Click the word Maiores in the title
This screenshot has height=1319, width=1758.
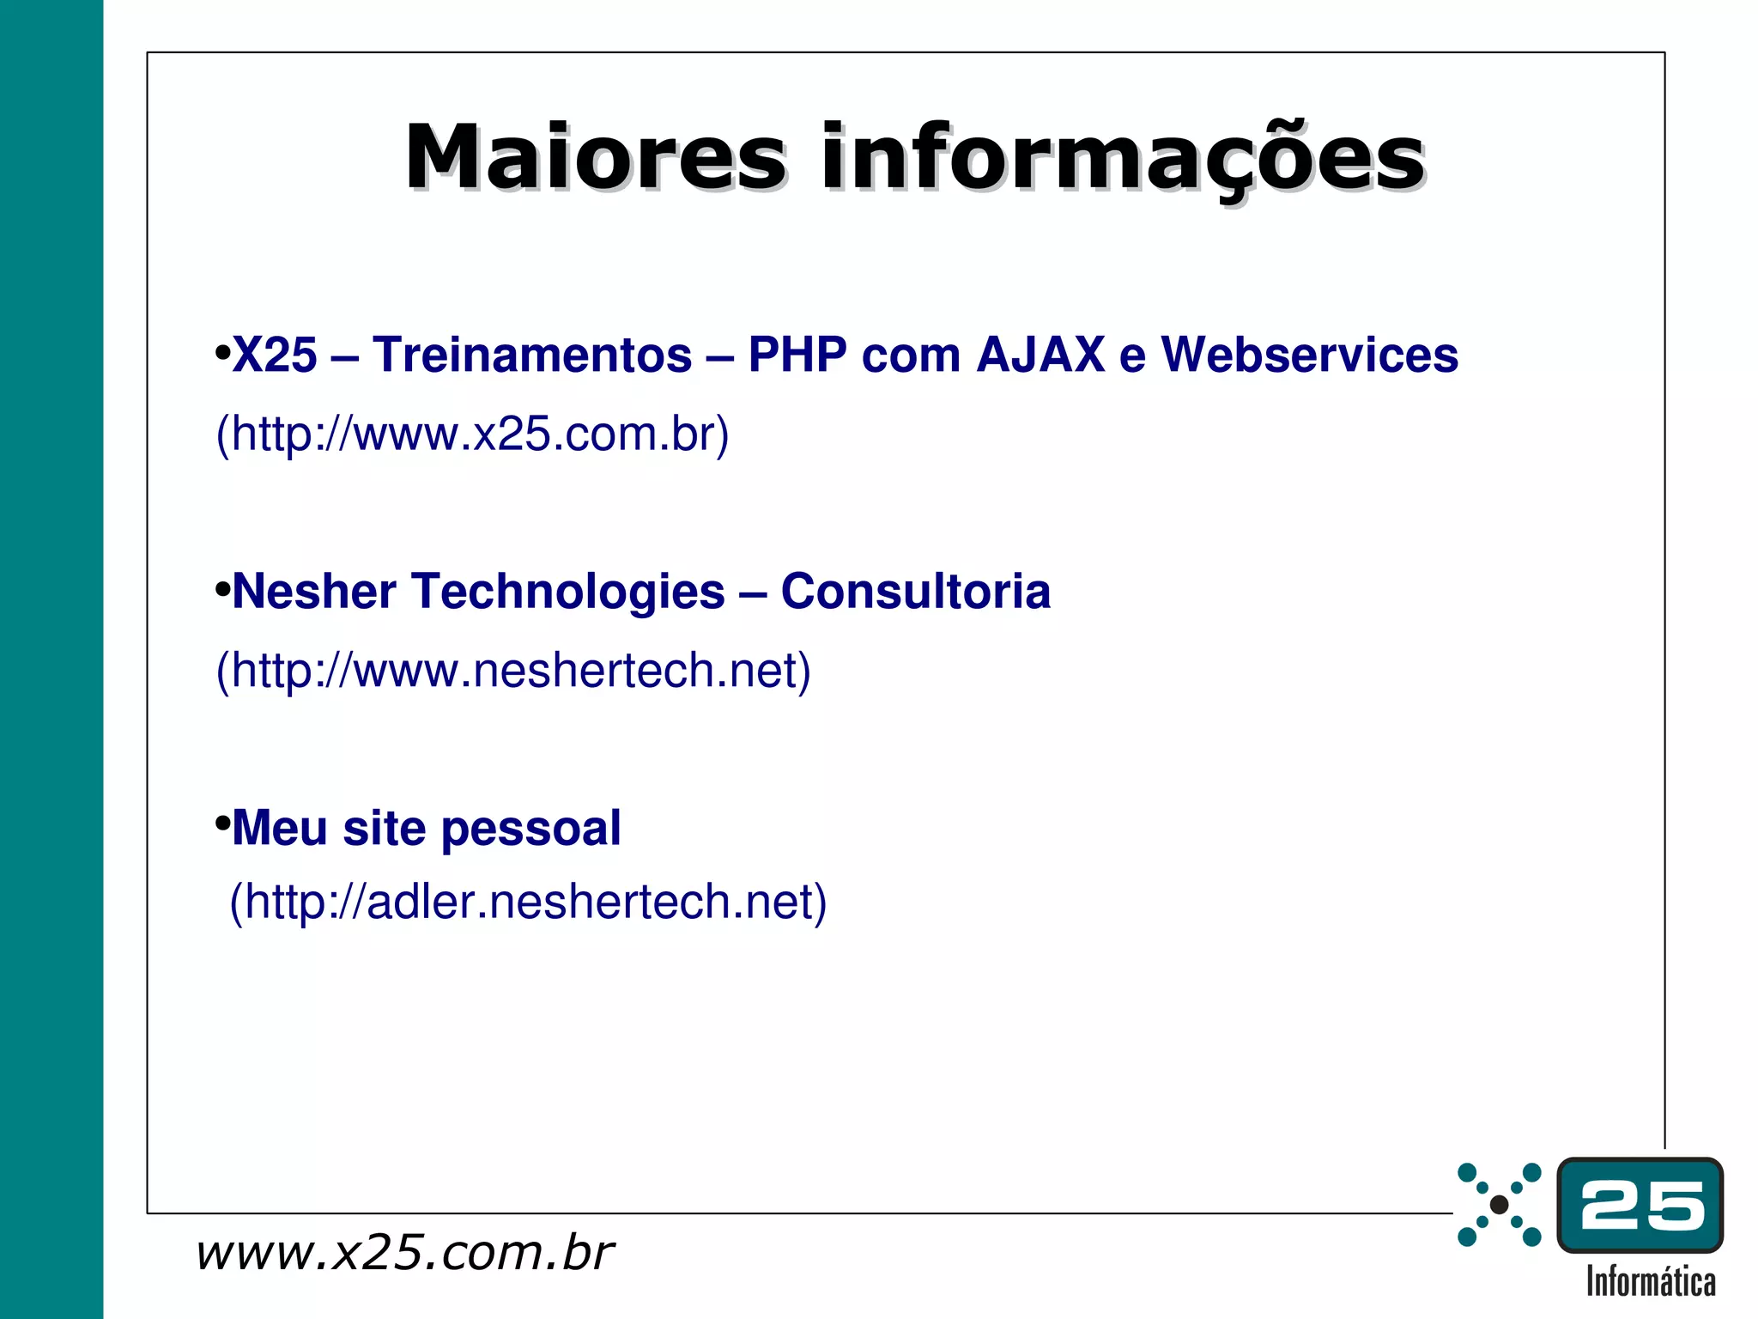click(x=595, y=158)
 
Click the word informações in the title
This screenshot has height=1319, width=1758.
click(x=1123, y=158)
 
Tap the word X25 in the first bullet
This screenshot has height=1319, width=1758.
click(x=275, y=355)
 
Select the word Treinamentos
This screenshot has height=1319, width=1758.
click(x=532, y=355)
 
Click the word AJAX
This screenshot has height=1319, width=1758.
click(x=1040, y=355)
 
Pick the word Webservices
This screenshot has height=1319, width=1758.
click(x=1310, y=355)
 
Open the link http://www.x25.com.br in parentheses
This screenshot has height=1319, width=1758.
click(x=472, y=434)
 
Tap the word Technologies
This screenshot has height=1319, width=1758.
click(x=568, y=592)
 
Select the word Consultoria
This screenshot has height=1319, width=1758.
click(x=916, y=592)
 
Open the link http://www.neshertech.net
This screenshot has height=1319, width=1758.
click(x=513, y=671)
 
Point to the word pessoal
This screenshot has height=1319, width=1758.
click(x=530, y=829)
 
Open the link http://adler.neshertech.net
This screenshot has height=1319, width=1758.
click(x=528, y=902)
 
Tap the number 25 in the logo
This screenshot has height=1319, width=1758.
click(x=1641, y=1206)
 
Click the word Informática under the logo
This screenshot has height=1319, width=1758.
click(x=1650, y=1282)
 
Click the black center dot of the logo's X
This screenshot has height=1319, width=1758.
click(x=1499, y=1205)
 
